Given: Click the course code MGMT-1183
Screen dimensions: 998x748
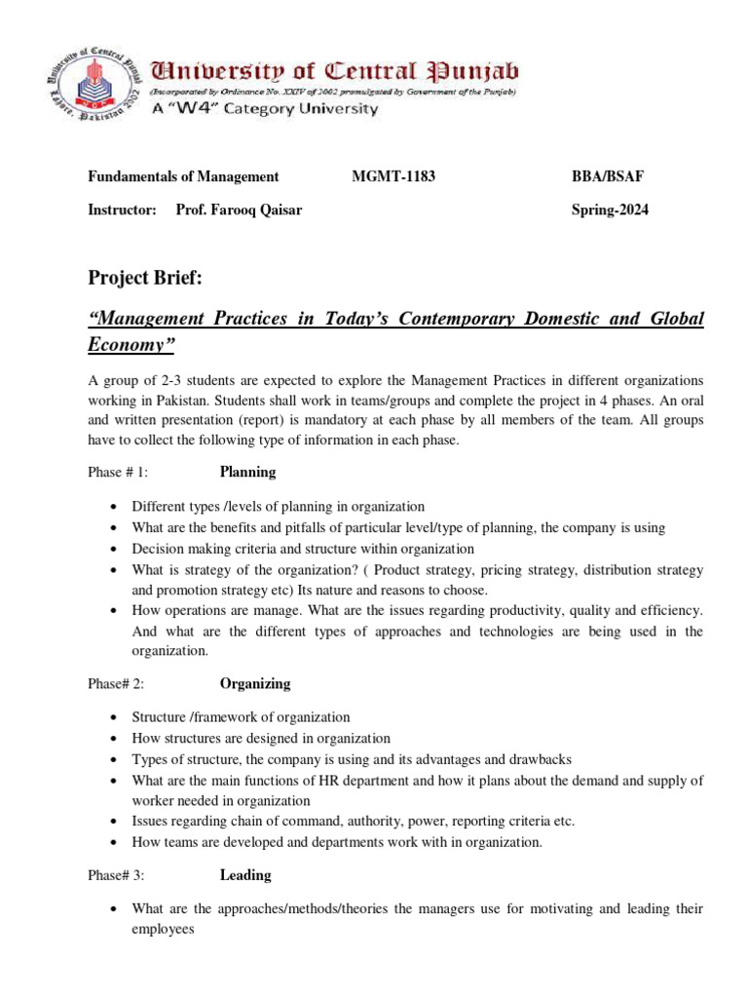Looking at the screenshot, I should pyautogui.click(x=393, y=176).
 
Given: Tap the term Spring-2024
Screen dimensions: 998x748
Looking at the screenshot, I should pyautogui.click(x=610, y=210).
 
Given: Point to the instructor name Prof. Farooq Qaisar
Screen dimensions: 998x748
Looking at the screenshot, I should pyautogui.click(x=239, y=210).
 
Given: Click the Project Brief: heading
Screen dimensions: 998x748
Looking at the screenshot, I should pyautogui.click(x=145, y=280).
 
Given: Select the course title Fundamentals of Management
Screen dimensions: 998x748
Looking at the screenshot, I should pyautogui.click(x=184, y=176).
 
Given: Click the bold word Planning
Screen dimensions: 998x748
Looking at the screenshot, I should pyautogui.click(x=247, y=472).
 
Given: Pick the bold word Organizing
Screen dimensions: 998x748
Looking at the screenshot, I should pyautogui.click(x=254, y=683).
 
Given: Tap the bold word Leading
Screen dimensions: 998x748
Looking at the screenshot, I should pyautogui.click(x=245, y=875).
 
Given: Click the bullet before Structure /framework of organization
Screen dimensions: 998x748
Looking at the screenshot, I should pyautogui.click(x=115, y=717).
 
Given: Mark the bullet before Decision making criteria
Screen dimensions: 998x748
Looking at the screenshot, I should pyautogui.click(x=115, y=549).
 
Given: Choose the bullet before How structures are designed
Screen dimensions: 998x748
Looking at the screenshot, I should pyautogui.click(x=115, y=739).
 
